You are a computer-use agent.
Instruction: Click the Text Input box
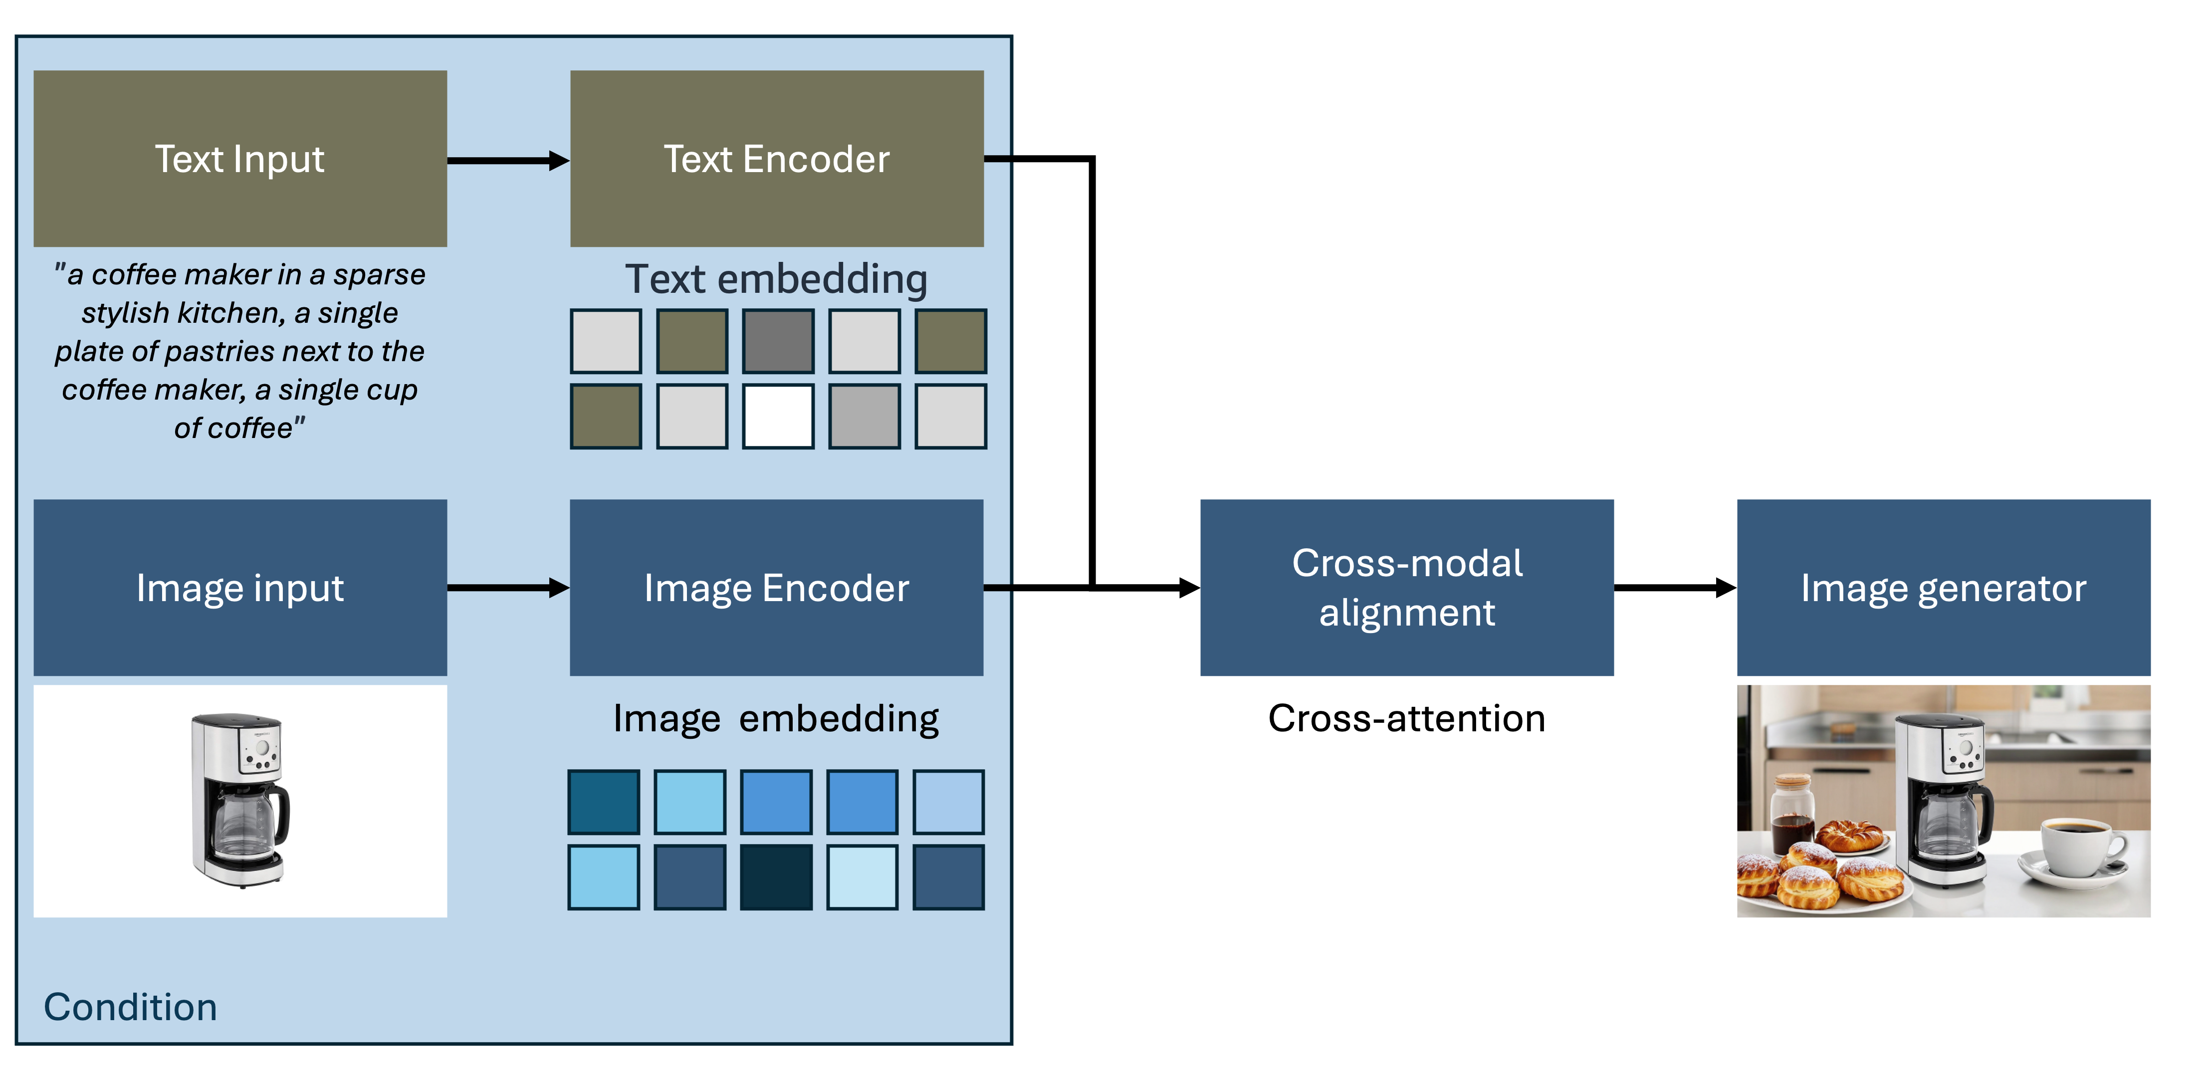click(239, 159)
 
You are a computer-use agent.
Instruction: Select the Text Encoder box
click(776, 159)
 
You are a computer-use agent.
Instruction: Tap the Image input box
click(239, 587)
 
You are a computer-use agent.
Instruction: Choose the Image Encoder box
click(776, 587)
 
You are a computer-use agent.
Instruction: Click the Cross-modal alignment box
click(1406, 587)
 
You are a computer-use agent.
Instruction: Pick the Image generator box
click(1943, 587)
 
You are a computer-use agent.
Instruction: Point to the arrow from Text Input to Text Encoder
click(507, 161)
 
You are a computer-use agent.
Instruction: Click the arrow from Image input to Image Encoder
click(507, 587)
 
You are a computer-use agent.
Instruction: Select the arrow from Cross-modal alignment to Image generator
click(1674, 587)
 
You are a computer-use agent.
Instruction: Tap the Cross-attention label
click(1406, 718)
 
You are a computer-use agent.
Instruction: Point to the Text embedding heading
click(776, 279)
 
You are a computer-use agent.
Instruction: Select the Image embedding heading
click(776, 718)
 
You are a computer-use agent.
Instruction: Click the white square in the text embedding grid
click(778, 417)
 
